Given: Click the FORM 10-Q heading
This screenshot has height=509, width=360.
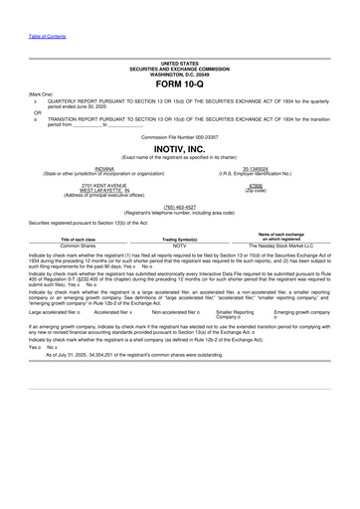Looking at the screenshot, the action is click(179, 85).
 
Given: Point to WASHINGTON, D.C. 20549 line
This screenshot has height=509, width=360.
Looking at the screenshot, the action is click(179, 75).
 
